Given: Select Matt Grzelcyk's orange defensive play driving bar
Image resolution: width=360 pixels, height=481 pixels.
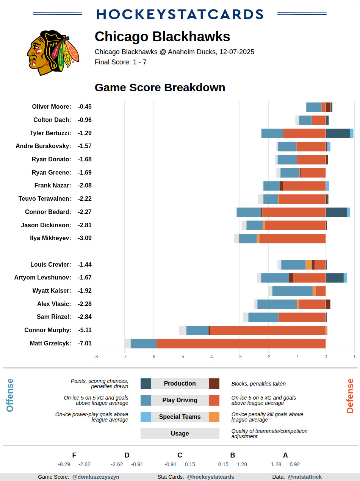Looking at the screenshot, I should click(241, 344).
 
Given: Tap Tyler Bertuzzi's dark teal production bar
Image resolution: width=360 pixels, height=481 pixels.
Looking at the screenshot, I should click(338, 133).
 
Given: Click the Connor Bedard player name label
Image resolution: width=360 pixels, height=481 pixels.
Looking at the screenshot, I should click(48, 212).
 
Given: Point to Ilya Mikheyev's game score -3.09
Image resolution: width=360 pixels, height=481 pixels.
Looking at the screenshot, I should click(85, 238).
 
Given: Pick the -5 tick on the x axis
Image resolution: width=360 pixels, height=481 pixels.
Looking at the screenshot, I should click(182, 356).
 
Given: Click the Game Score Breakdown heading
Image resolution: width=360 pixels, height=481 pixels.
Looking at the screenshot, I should click(160, 87).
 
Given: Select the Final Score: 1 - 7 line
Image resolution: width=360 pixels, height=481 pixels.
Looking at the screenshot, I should click(121, 62).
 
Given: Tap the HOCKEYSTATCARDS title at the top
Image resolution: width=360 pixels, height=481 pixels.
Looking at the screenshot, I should click(180, 14).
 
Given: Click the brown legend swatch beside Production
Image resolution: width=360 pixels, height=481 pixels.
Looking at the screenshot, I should click(214, 383).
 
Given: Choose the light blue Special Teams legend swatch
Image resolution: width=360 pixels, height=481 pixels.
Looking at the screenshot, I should click(146, 417).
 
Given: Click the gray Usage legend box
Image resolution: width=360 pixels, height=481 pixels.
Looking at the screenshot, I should click(180, 433).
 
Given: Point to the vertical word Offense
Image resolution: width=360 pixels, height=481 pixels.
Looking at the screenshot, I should click(10, 395).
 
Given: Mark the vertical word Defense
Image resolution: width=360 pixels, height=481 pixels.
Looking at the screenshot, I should click(350, 396).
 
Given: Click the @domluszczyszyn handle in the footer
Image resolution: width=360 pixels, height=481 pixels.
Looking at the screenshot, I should click(95, 477).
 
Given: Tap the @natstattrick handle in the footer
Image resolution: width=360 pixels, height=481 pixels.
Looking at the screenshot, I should click(305, 477).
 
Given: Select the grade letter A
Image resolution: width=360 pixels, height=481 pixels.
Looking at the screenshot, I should click(285, 455).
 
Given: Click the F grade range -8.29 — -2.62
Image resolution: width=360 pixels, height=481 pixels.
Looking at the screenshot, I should click(74, 464).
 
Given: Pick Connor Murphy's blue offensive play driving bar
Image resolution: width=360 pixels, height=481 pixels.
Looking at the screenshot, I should click(197, 330).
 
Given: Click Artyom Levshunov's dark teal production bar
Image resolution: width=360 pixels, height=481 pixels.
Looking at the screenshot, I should click(335, 278).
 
